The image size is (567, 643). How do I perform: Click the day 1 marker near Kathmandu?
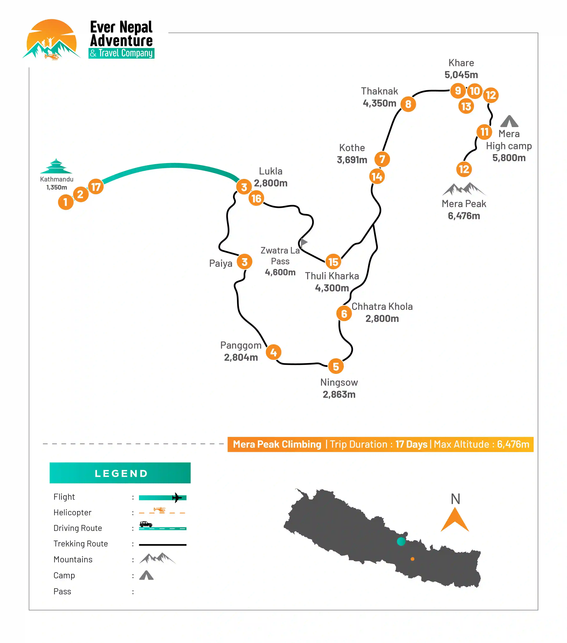tap(66, 202)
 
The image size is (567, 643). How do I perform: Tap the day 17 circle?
tap(96, 187)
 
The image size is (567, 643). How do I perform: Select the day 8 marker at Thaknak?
tap(408, 104)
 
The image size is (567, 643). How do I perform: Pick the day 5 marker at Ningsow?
tap(336, 366)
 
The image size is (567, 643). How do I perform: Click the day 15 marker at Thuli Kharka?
tap(333, 262)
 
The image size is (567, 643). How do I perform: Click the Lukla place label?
tap(271, 171)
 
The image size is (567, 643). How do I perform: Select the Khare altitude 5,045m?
tap(461, 75)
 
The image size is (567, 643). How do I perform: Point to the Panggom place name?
tap(241, 345)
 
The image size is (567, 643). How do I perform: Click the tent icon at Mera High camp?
tap(509, 122)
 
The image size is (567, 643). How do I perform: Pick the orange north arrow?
tap(455, 521)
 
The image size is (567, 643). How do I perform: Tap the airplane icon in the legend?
tap(177, 497)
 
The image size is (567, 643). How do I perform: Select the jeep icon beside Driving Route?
tap(146, 524)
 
